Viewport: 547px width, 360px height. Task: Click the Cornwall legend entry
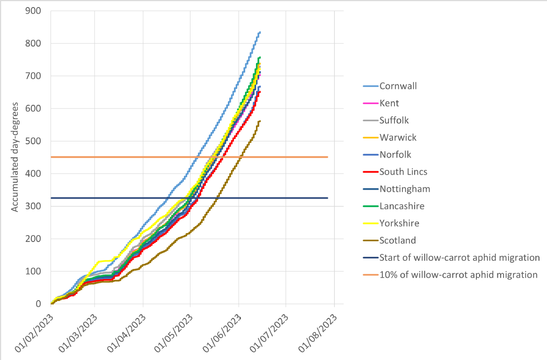coord(398,86)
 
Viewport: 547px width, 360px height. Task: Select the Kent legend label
coord(389,103)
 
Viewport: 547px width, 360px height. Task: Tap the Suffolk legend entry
coord(394,120)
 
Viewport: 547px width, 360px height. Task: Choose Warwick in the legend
coord(398,138)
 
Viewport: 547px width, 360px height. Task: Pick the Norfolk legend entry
coord(395,154)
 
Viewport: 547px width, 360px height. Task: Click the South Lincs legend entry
coord(403,172)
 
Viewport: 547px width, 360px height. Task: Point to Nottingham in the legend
coord(405,189)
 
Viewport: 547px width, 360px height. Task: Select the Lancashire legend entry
coord(402,206)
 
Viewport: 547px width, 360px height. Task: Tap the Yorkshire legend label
coord(399,223)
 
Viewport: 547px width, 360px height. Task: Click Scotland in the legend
coord(398,241)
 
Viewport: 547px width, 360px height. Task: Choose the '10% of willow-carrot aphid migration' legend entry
coord(458,275)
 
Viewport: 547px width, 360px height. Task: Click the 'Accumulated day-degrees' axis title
coord(15,157)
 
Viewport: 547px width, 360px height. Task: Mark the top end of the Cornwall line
coord(260,32)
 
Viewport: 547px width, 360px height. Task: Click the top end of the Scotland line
coord(260,121)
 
